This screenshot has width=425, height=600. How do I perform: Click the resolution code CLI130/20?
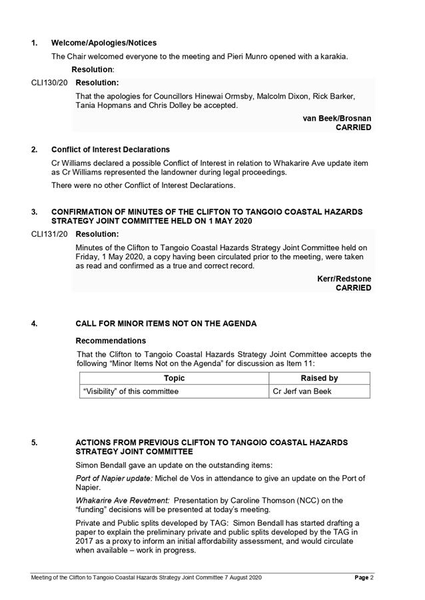click(49, 83)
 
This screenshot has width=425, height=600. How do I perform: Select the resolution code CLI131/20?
click(49, 235)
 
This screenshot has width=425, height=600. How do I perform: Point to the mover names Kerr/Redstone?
click(344, 279)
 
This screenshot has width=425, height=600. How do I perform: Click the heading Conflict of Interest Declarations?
click(111, 149)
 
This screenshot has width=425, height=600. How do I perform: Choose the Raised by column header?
click(319, 378)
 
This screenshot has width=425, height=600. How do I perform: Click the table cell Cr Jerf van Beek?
click(302, 391)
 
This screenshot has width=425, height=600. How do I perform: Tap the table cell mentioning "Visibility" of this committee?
click(131, 391)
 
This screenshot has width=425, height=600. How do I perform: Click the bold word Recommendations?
click(111, 341)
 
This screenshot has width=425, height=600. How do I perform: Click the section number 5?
click(35, 442)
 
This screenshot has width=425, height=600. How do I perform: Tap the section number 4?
click(35, 324)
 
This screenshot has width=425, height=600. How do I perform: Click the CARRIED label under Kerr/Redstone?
click(353, 288)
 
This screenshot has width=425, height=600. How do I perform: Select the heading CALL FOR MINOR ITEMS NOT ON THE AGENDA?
click(166, 324)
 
